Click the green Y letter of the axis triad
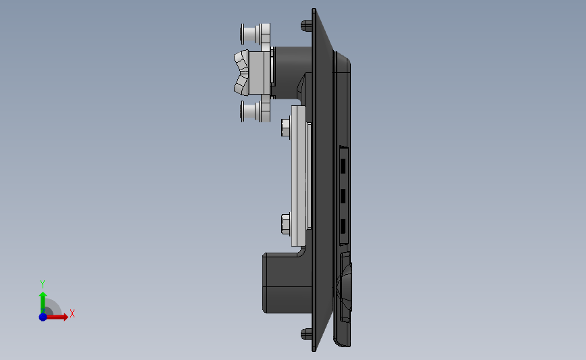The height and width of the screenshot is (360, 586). click(x=42, y=284)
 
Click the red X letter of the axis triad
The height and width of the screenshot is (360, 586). click(x=72, y=314)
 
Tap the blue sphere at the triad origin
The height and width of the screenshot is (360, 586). click(x=43, y=317)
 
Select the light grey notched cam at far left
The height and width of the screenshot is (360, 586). click(x=241, y=73)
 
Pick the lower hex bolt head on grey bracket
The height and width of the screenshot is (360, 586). click(x=285, y=223)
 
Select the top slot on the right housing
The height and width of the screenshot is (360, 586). click(x=343, y=165)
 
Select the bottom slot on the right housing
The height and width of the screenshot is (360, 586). click(x=343, y=226)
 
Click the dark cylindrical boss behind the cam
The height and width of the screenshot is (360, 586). click(x=291, y=64)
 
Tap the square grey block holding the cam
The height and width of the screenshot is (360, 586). click(x=259, y=73)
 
